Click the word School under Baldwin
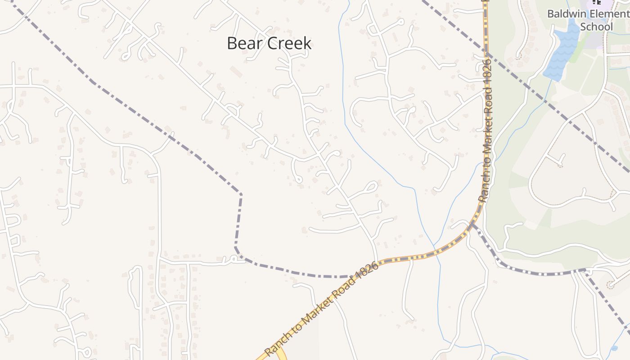click(596, 27)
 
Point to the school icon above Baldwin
click(597, 2)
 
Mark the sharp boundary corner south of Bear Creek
click(241, 194)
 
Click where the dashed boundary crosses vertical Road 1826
click(486, 53)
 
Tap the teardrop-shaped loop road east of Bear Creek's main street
click(372, 185)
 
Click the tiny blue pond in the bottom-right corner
click(614, 348)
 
